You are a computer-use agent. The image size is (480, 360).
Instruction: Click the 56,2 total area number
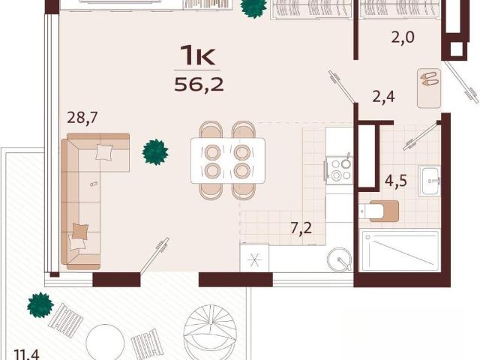pos(199,84)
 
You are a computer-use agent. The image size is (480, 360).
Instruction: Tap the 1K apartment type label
pos(197,55)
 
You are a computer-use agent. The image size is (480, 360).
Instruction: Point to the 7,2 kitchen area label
pos(301,228)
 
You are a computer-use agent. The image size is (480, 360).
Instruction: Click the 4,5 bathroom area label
pos(396,181)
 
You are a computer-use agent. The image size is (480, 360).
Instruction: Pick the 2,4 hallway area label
pos(383,97)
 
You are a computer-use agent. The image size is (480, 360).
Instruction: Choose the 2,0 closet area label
pos(403,37)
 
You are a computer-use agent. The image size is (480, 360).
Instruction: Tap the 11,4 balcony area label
pos(27,355)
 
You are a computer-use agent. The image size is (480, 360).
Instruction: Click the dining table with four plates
pos(228,160)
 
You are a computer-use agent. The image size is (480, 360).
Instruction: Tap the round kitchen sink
pos(340,259)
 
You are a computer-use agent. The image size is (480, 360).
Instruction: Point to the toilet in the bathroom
pos(379,211)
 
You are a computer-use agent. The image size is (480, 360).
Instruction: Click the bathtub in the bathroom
pos(400,251)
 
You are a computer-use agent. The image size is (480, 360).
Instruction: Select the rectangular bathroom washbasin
pos(430,181)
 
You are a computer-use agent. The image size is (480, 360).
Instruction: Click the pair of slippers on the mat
pos(430,79)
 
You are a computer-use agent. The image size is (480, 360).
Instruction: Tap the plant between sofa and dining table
pos(155,152)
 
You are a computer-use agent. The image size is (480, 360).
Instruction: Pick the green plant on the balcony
pos(40,305)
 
